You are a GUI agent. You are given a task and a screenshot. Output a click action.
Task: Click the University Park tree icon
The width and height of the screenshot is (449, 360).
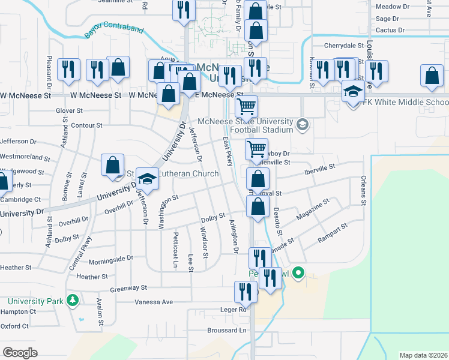pyautogui.click(x=73, y=299)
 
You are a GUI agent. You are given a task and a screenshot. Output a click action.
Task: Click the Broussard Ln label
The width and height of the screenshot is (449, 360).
pyautogui.click(x=226, y=330)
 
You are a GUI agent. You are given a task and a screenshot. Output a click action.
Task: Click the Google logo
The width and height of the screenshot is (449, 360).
pyautogui.click(x=20, y=352)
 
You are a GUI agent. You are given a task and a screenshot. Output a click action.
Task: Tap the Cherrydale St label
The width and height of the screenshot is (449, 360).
pyautogui.click(x=344, y=45)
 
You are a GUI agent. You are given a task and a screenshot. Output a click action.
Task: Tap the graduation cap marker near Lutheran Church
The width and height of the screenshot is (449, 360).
pyautogui.click(x=146, y=178)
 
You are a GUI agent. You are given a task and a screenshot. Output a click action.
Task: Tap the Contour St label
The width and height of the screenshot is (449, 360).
pyautogui.click(x=86, y=125)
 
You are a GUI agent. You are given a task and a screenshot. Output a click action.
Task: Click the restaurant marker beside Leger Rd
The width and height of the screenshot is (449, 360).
pyautogui.click(x=246, y=292)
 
